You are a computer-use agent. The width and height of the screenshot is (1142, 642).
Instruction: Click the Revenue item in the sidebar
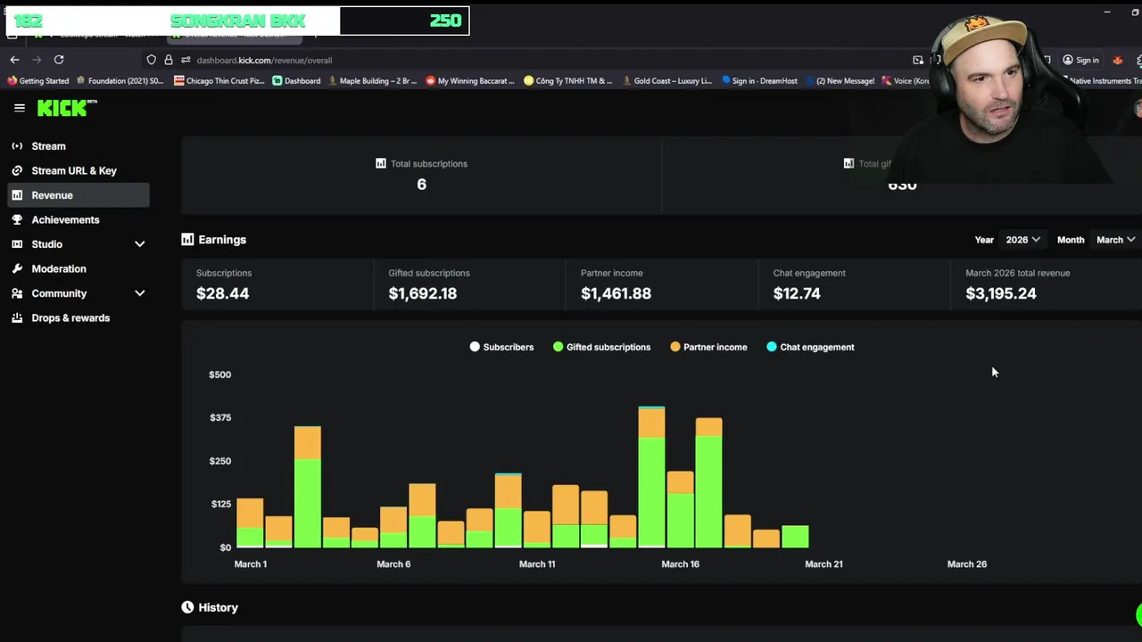click(52, 195)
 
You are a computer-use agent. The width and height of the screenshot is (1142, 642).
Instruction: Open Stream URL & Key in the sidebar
click(73, 170)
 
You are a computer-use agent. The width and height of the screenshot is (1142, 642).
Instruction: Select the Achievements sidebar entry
click(65, 219)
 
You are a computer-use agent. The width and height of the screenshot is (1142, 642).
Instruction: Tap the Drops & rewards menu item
click(70, 317)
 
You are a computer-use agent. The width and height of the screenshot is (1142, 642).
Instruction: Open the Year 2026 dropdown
click(1022, 240)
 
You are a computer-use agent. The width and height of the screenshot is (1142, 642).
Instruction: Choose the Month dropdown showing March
click(1115, 240)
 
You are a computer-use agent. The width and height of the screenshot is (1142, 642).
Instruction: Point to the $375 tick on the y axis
click(219, 417)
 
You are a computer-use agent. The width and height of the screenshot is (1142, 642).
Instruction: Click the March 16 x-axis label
click(680, 564)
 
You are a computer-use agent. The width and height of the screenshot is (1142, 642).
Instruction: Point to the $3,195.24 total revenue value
click(1000, 293)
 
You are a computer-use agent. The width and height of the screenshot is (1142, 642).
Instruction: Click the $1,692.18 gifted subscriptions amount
click(422, 293)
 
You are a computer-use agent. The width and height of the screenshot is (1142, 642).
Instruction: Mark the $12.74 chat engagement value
click(796, 293)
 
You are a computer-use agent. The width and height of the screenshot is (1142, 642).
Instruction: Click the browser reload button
click(59, 60)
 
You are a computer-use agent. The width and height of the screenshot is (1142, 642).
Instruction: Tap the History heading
click(218, 607)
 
